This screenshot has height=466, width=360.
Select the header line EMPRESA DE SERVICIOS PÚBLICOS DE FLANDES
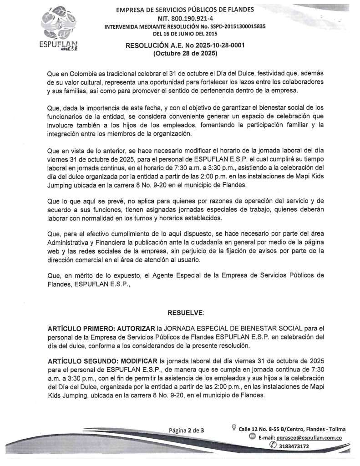pyautogui.click(x=185, y=10)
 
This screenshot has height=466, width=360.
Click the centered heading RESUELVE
pyautogui.click(x=186, y=313)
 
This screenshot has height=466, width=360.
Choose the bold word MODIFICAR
pyautogui.click(x=138, y=361)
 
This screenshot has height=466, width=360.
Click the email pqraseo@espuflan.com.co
pyautogui.click(x=313, y=438)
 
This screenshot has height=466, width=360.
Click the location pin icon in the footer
pyautogui.click(x=233, y=428)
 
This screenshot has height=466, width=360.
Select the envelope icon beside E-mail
pyautogui.click(x=252, y=437)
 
